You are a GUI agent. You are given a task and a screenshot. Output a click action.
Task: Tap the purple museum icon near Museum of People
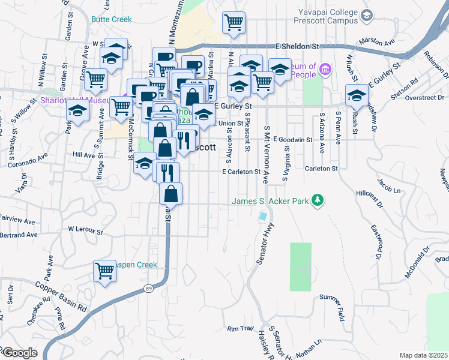325,70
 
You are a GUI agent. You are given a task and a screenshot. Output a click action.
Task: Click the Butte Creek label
111,19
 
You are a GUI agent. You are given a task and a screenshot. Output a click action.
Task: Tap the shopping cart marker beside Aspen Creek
104,271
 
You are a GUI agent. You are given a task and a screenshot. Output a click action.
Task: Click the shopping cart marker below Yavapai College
233,22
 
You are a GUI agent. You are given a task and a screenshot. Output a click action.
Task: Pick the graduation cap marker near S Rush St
357,96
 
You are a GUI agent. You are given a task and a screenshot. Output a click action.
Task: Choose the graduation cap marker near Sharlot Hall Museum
77,111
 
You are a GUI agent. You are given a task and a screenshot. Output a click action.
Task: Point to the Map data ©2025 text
423,355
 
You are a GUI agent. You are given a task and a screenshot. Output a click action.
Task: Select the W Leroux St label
86,229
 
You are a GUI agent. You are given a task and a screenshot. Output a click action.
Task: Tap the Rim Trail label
241,329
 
